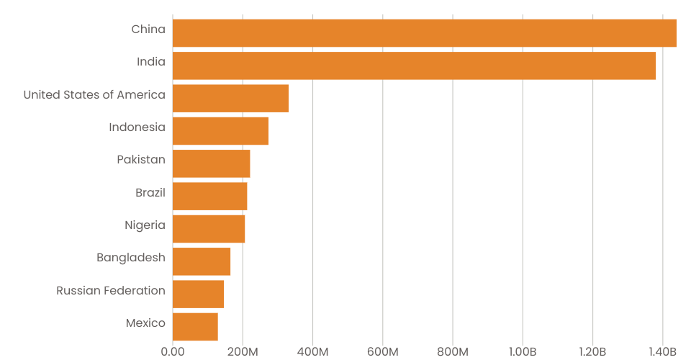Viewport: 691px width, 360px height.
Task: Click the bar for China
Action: coord(425,33)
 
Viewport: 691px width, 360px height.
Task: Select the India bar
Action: coord(414,66)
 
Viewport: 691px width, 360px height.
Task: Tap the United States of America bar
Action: coord(230,98)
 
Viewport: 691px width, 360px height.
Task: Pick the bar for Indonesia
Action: coord(220,131)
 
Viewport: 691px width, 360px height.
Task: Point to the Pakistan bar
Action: coord(211,163)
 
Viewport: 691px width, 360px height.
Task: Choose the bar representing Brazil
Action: coord(209,196)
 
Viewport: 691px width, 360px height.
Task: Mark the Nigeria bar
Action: coord(209,228)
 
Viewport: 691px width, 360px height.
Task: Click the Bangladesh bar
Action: coord(202,261)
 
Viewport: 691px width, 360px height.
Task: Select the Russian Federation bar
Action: coord(198,294)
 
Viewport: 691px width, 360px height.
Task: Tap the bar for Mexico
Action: coord(195,326)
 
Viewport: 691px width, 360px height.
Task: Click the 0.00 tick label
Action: coord(173,351)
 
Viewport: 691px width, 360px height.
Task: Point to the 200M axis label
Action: coord(243,351)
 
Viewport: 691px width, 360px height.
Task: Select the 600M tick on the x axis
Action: coord(382,351)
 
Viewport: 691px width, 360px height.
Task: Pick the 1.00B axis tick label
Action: coord(523,351)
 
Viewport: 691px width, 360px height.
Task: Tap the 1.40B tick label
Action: coord(662,351)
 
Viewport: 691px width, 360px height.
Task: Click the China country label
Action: coord(148,30)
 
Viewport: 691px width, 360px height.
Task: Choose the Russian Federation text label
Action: coord(111,291)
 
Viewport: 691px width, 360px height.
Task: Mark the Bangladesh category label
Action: coord(131,258)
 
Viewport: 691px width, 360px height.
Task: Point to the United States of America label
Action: coord(94,95)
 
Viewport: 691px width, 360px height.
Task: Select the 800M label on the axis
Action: coord(453,351)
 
